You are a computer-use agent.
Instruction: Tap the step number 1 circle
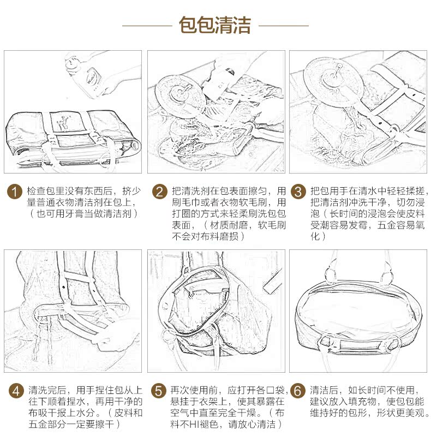pyautogui.click(x=15, y=192)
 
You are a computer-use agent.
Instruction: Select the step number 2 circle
pyautogui.click(x=159, y=192)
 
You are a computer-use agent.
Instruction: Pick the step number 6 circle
pyautogui.click(x=297, y=391)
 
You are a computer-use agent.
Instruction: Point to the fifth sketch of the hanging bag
pyautogui.click(x=215, y=311)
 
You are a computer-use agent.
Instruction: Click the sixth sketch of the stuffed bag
pyautogui.click(x=358, y=311)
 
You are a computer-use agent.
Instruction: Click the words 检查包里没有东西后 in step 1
pyautogui.click(x=69, y=192)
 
